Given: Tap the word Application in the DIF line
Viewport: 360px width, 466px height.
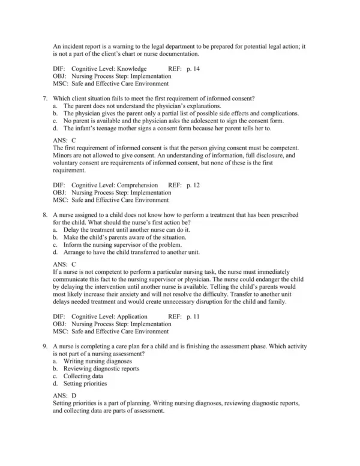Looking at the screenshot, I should coord(133,316).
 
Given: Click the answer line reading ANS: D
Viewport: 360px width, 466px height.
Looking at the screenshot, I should coord(65,396).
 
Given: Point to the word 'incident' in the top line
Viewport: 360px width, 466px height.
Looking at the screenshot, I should coord(73,46).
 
